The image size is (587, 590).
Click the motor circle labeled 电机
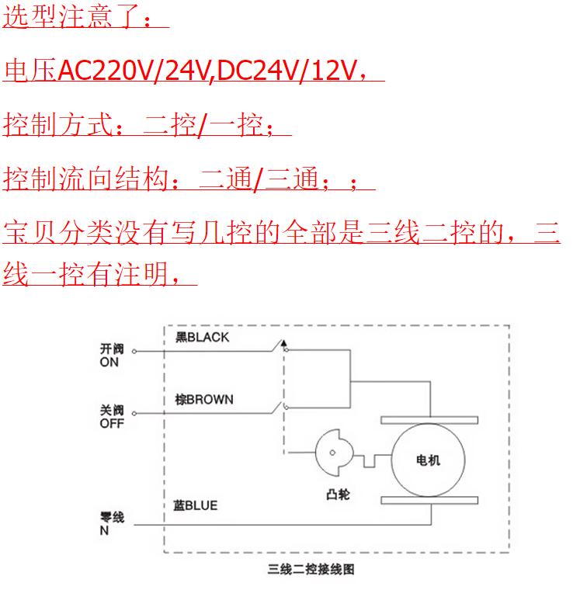[x=428, y=459]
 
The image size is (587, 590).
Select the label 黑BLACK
[x=203, y=337]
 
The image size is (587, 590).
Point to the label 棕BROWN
[x=204, y=399]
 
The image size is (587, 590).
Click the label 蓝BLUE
[x=195, y=505]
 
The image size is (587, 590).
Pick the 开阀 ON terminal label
[x=112, y=356]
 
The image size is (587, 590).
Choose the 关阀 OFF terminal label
[x=112, y=418]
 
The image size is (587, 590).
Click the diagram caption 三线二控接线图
[x=311, y=569]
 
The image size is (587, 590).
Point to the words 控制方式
[x=58, y=123]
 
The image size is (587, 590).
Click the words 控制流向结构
[x=85, y=179]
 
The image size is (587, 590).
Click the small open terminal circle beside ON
[x=134, y=352]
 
